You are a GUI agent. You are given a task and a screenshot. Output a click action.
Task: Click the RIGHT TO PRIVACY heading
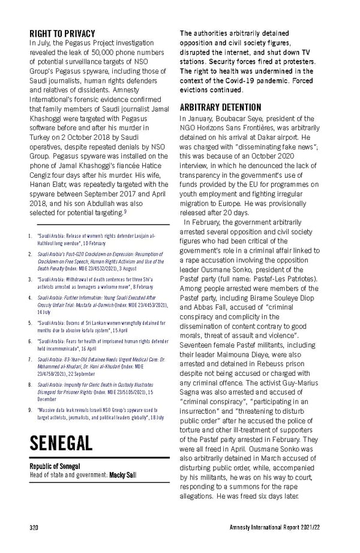tap(62, 33)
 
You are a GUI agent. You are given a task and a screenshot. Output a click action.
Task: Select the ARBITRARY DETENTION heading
tap(222, 108)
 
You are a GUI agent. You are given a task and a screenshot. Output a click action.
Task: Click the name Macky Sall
tap(122, 476)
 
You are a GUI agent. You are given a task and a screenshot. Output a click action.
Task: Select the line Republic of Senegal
tap(56, 467)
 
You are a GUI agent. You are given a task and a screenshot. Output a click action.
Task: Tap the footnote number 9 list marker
tap(31, 410)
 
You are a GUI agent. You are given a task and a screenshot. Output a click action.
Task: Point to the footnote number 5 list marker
tap(31, 323)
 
